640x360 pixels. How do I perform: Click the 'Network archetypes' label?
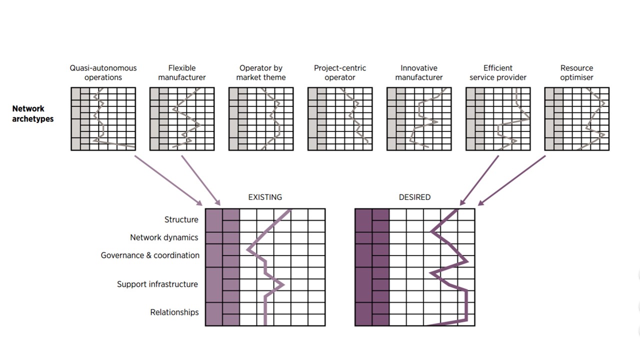click(x=32, y=113)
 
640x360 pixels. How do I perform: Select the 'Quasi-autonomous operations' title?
click(x=103, y=72)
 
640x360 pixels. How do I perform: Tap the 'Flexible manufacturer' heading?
click(x=182, y=72)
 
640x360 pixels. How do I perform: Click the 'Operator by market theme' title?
click(x=261, y=72)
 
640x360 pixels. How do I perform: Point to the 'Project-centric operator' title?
click(x=340, y=72)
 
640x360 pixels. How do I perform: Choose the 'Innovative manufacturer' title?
click(x=419, y=72)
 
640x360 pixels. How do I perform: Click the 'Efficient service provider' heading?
click(x=498, y=72)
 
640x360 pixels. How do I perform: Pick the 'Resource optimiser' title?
click(x=576, y=72)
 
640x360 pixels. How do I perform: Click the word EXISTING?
click(x=265, y=197)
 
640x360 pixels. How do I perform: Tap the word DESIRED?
click(x=414, y=197)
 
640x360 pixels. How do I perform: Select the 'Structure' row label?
click(x=181, y=219)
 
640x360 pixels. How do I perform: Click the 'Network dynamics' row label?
click(x=164, y=237)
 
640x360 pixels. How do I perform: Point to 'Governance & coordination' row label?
click(x=150, y=255)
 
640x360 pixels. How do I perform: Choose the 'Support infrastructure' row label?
click(x=157, y=284)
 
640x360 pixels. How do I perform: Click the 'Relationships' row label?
click(x=174, y=312)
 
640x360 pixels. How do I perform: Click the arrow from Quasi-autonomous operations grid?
click(x=168, y=180)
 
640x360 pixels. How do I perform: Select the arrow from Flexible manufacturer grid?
click(x=200, y=180)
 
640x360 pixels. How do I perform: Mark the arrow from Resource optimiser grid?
click(x=512, y=180)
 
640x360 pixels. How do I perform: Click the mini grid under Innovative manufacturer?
click(x=419, y=119)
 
